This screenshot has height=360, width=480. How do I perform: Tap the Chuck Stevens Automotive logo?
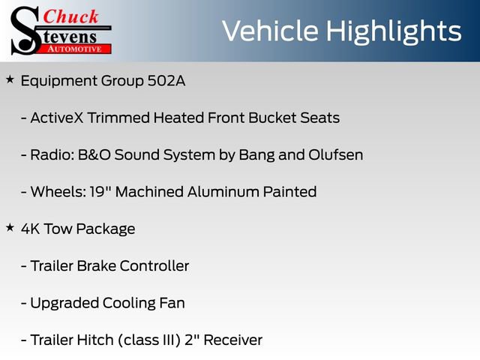click(x=60, y=30)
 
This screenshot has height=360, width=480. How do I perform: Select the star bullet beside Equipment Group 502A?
click(x=10, y=79)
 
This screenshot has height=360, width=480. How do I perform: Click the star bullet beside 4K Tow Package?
click(x=10, y=227)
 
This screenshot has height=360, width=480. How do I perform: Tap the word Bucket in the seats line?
click(x=274, y=118)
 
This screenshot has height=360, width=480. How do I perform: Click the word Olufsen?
click(x=335, y=154)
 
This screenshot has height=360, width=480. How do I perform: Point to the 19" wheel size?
click(x=98, y=191)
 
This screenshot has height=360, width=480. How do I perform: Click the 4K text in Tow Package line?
click(x=31, y=229)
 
